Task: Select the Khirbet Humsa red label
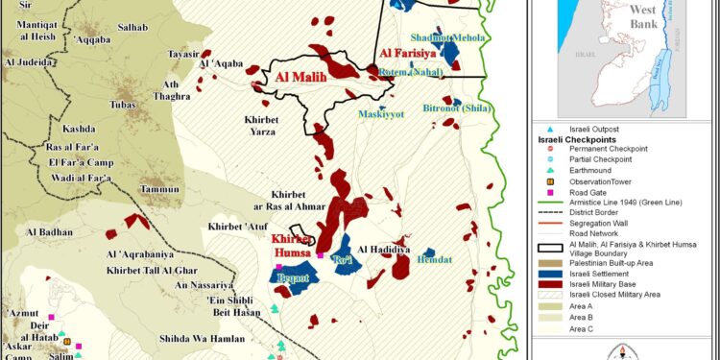(292, 246)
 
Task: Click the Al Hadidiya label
(383, 249)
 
